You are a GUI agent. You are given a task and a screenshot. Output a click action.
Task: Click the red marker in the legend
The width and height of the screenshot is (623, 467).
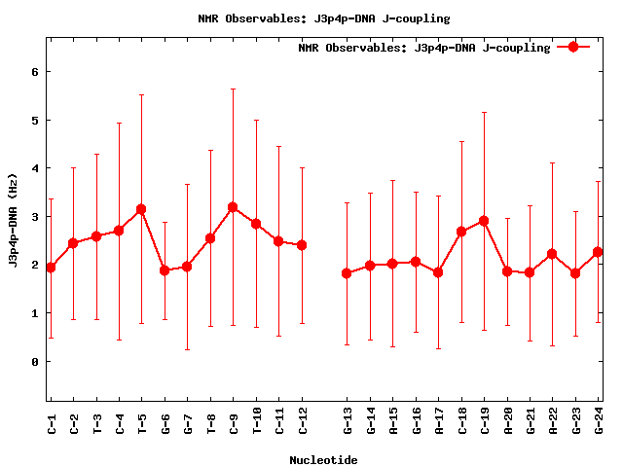(573, 47)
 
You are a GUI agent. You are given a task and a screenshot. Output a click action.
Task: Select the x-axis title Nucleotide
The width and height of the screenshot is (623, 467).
(322, 460)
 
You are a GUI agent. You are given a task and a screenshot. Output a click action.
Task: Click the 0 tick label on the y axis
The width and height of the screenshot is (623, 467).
(34, 362)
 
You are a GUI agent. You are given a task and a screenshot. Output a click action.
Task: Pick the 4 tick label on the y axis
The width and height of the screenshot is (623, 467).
(34, 168)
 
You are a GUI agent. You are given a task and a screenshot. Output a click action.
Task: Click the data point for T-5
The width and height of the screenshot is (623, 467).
(141, 209)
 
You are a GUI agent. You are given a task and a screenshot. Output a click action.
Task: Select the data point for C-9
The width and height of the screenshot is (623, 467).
(233, 207)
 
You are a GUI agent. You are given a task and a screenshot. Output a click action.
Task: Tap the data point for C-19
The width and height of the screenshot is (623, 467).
(484, 221)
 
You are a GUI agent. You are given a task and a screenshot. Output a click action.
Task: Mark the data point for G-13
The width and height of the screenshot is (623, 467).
(348, 273)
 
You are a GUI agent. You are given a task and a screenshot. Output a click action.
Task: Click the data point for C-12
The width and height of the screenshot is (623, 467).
(302, 245)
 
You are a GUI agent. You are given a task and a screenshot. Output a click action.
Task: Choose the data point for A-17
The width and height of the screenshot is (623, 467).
(438, 272)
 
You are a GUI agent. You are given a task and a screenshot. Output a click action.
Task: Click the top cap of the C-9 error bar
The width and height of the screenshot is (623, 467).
(233, 89)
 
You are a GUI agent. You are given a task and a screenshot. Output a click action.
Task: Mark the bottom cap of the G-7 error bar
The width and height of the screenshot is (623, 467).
(187, 349)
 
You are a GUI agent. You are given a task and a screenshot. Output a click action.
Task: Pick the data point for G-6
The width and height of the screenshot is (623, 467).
(165, 270)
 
